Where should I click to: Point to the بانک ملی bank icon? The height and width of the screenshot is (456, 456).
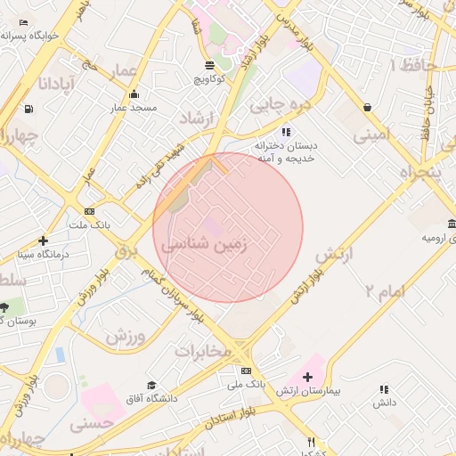(246, 370)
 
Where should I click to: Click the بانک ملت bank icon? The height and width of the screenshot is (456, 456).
(89, 211)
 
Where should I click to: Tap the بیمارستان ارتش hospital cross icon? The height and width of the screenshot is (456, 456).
(307, 379)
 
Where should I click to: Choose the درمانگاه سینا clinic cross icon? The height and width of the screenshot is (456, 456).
(43, 240)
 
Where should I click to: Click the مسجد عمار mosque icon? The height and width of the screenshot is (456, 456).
(134, 94)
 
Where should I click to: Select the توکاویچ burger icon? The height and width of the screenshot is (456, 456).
(209, 65)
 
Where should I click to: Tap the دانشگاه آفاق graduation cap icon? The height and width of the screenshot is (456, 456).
(151, 385)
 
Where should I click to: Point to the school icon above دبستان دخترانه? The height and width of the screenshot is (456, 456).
(286, 131)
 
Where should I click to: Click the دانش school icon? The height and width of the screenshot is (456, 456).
(384, 389)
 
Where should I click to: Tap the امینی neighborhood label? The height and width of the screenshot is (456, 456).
(371, 135)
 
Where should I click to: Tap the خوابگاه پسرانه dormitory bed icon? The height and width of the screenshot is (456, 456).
(23, 22)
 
